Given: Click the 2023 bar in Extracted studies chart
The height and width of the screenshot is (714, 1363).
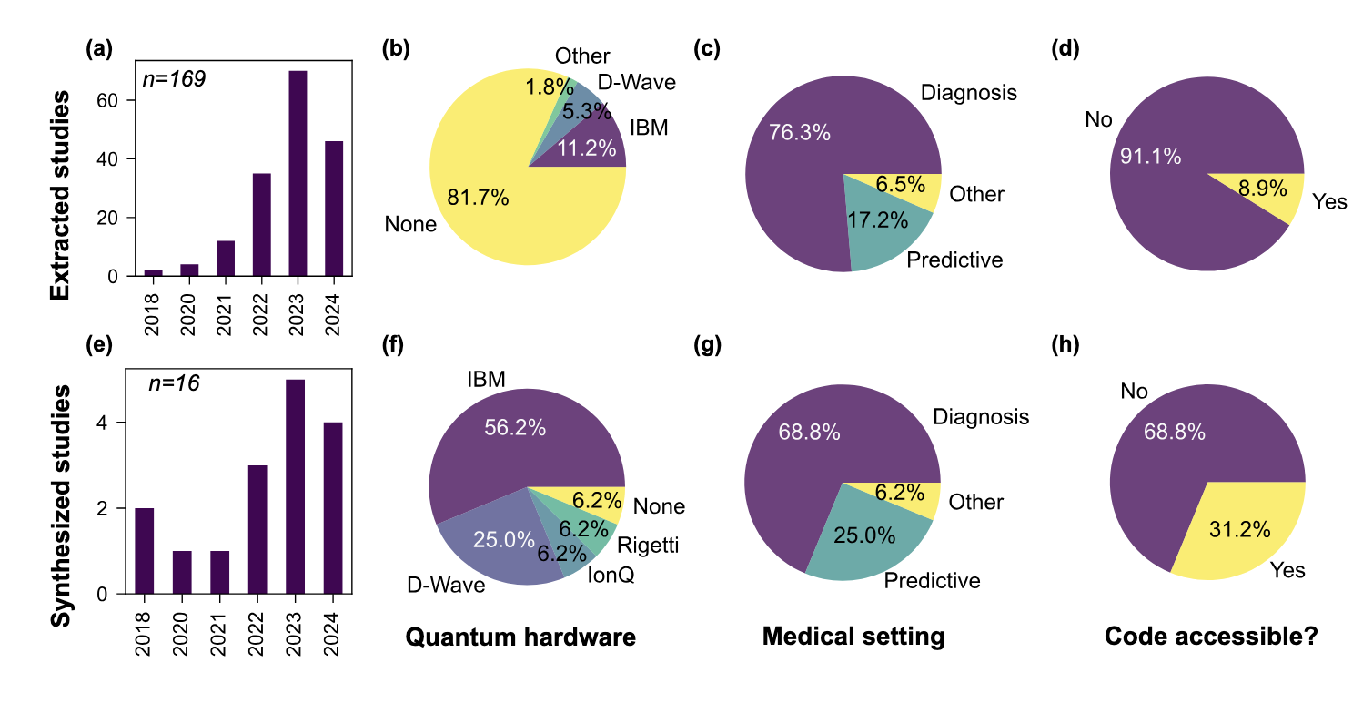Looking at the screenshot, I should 298,173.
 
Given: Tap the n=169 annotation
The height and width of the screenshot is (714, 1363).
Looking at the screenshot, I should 175,78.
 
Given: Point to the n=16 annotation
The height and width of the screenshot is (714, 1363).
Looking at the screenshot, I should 175,383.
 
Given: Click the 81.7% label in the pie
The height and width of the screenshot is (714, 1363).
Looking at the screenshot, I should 476,197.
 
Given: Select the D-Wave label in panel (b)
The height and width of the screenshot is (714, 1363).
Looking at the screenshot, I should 637,83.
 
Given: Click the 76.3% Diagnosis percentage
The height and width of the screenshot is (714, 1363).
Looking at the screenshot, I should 800,133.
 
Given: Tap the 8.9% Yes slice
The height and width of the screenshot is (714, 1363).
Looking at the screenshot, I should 1261,189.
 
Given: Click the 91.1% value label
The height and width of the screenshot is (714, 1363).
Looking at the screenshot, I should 1150,157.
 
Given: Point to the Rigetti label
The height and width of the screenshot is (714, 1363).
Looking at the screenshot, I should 647,546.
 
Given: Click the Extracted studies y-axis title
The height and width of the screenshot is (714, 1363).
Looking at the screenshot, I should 60,195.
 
